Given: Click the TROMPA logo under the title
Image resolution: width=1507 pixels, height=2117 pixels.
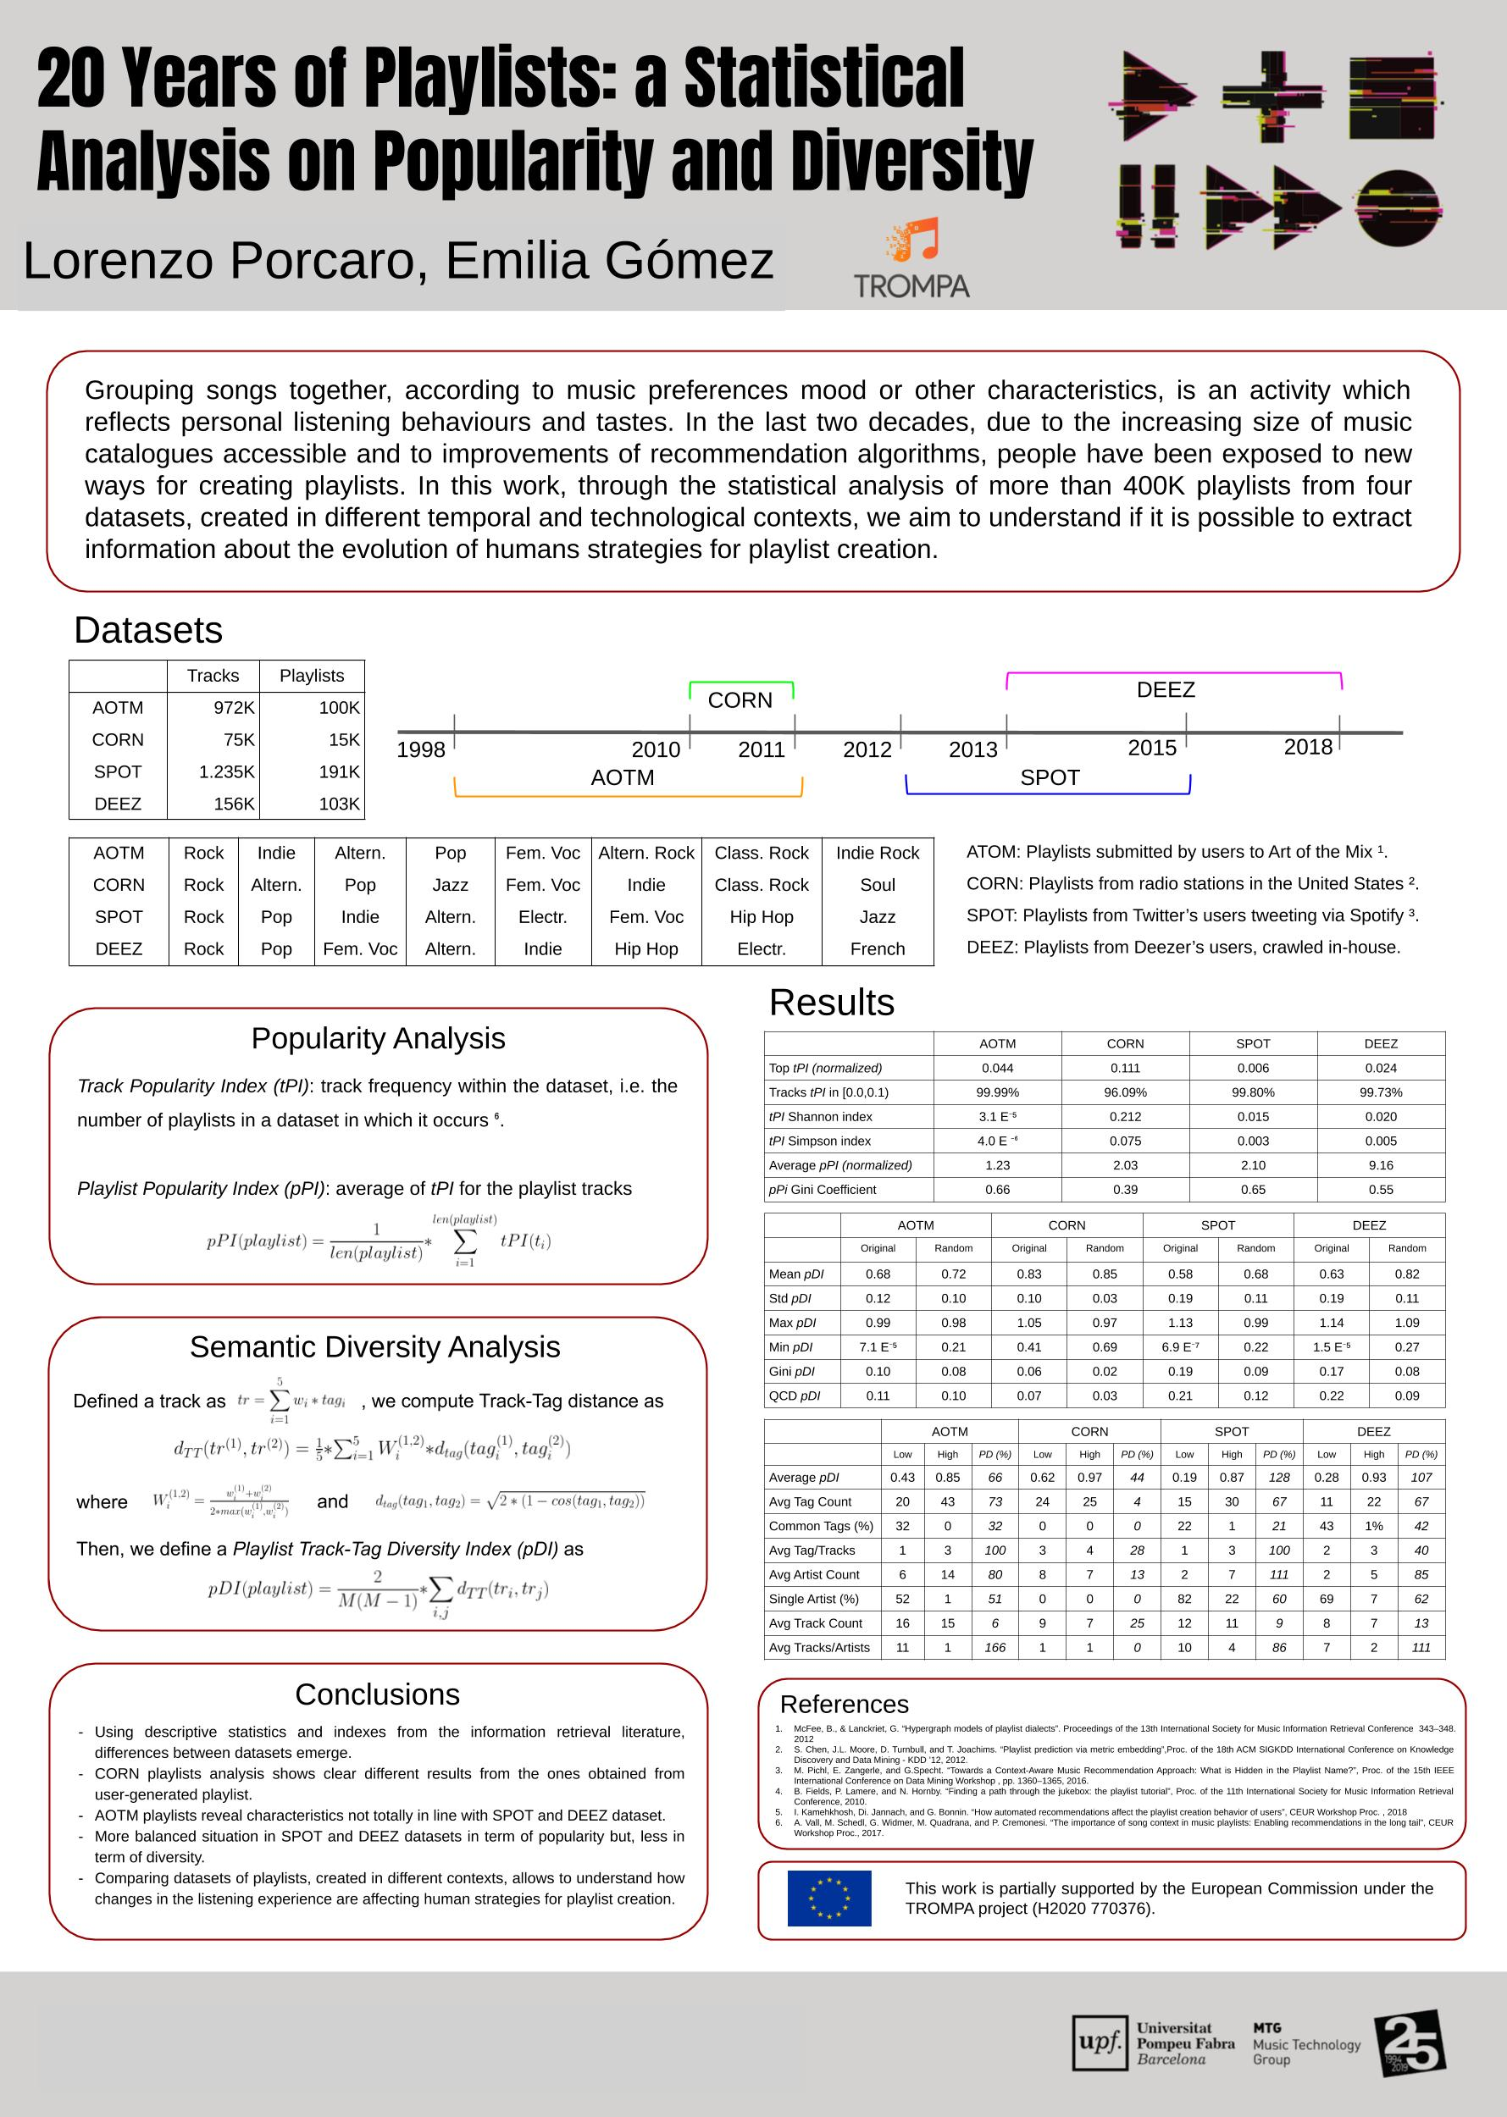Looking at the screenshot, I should [912, 259].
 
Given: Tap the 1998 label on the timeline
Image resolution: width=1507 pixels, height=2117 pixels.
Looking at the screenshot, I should [420, 749].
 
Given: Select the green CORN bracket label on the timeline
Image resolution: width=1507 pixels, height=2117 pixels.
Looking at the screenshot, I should [740, 700].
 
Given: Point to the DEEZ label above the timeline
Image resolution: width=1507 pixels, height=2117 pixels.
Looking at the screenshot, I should [1166, 690].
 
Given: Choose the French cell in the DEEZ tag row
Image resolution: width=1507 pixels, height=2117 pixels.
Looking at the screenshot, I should [877, 949].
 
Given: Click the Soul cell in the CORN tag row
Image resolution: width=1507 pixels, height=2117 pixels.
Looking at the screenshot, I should [877, 885].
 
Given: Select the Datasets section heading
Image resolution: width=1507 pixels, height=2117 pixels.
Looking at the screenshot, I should [148, 631].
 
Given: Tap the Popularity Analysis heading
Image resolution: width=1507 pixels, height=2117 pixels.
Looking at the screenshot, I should [378, 1038].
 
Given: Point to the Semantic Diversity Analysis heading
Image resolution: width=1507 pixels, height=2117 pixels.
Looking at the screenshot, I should [375, 1347].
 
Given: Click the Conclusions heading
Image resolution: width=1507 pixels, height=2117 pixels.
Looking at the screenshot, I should [377, 1695].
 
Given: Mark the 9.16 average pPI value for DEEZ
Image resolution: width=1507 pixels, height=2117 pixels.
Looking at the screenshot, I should [1381, 1165].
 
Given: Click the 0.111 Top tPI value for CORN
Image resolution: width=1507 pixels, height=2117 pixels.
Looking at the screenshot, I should [1125, 1068].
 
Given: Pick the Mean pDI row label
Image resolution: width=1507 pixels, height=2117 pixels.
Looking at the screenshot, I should [796, 1274].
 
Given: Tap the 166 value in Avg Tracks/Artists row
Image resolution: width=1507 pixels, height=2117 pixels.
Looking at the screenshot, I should [995, 1648].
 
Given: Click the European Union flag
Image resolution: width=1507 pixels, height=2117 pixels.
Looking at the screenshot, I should [828, 1898].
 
